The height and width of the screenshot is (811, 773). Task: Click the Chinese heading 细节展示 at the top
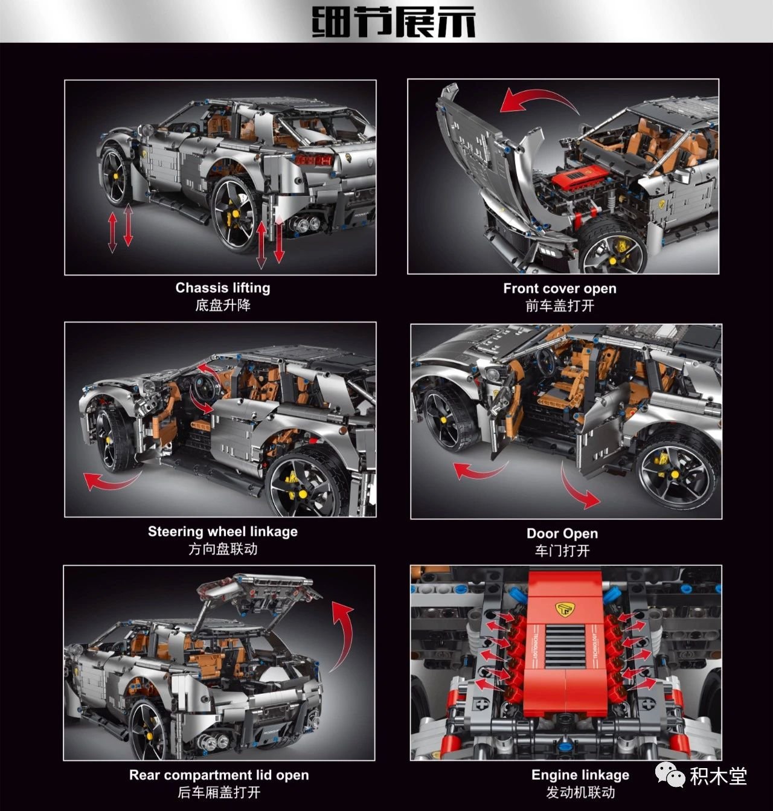(393, 22)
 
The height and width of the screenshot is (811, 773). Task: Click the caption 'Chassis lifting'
(223, 287)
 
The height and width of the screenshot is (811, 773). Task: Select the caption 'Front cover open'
(560, 288)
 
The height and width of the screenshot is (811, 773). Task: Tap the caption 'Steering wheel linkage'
(223, 531)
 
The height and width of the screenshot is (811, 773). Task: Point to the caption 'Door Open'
(562, 533)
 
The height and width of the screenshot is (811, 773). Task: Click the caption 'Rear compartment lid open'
(219, 775)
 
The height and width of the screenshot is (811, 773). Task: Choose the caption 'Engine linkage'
(580, 775)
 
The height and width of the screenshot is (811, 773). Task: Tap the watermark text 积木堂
(719, 776)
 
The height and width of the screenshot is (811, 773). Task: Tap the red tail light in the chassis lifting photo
(313, 159)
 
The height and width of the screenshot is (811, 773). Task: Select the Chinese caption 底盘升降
(223, 306)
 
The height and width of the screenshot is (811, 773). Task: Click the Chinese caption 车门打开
(562, 551)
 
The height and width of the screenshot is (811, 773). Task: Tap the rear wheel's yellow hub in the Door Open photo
(675, 475)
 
